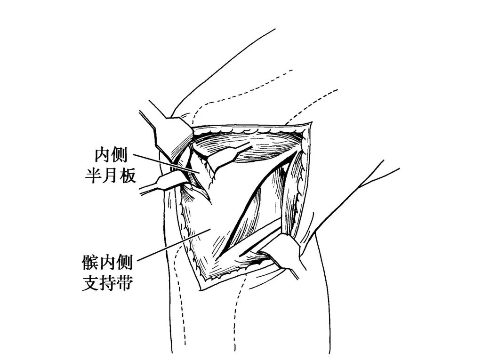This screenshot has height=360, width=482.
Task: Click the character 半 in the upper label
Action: [x=92, y=176]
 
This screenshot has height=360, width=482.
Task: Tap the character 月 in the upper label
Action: [x=110, y=176]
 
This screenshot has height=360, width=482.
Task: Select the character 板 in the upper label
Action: [x=127, y=176]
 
